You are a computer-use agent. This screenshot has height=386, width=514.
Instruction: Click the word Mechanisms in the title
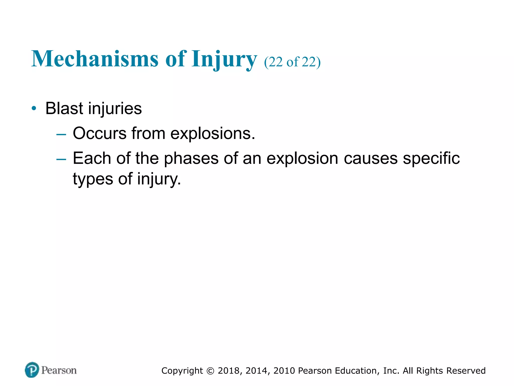[95, 59]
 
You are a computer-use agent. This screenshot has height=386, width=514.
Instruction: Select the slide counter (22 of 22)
[292, 62]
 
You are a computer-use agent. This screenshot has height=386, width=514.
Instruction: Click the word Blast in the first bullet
[64, 108]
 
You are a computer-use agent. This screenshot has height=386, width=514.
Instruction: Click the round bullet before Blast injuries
[34, 109]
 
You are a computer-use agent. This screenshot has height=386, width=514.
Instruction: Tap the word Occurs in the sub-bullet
[100, 133]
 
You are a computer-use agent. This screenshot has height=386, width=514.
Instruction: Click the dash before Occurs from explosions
[61, 135]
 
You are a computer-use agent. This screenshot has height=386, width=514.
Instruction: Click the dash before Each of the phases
[61, 160]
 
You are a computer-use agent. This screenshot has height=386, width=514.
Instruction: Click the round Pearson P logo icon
[32, 370]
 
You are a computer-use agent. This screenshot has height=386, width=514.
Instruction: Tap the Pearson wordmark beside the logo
[59, 370]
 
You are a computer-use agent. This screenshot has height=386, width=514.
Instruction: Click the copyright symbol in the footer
[210, 371]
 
